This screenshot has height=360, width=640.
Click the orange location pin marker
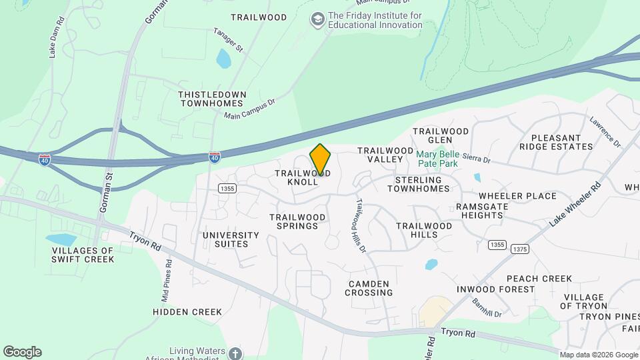pyautogui.click(x=320, y=159)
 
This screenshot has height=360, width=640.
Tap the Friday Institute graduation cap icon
pyautogui.click(x=318, y=19)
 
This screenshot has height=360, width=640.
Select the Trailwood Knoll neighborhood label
pyautogui.click(x=303, y=177)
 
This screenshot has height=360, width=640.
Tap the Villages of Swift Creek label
pyautogui.click(x=83, y=255)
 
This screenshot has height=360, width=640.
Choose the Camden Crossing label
pyautogui.click(x=369, y=288)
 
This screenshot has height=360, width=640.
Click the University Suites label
pyautogui.click(x=231, y=239)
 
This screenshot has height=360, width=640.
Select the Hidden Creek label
pyautogui.click(x=187, y=311)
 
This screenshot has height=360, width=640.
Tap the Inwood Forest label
pyautogui.click(x=495, y=289)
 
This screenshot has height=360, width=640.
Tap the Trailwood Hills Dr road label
pyautogui.click(x=360, y=226)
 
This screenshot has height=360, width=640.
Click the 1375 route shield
pyautogui.click(x=521, y=249)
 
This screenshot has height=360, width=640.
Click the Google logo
pyautogui.click(x=22, y=352)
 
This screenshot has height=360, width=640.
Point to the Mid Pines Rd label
pyautogui.click(x=166, y=275)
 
